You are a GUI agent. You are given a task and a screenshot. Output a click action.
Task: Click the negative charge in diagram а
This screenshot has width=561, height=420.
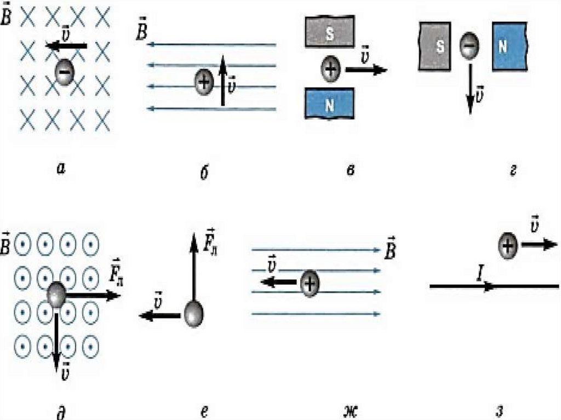64,73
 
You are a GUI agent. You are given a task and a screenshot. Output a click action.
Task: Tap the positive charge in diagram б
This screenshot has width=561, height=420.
204,83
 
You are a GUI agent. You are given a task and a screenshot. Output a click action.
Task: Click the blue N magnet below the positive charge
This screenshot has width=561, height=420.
329,105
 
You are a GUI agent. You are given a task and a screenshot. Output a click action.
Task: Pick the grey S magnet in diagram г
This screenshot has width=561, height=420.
434,47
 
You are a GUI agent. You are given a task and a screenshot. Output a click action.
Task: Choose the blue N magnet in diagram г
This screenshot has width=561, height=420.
509,47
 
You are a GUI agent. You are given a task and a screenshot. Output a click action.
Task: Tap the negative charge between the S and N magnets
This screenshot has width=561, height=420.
467,46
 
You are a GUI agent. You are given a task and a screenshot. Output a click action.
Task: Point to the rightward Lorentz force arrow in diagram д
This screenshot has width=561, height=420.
93,296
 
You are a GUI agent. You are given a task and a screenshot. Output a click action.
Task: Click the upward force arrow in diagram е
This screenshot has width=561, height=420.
193,268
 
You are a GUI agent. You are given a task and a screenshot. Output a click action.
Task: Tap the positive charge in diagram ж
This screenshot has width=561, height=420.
310,283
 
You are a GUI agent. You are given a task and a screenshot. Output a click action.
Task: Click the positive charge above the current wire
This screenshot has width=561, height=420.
508,246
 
